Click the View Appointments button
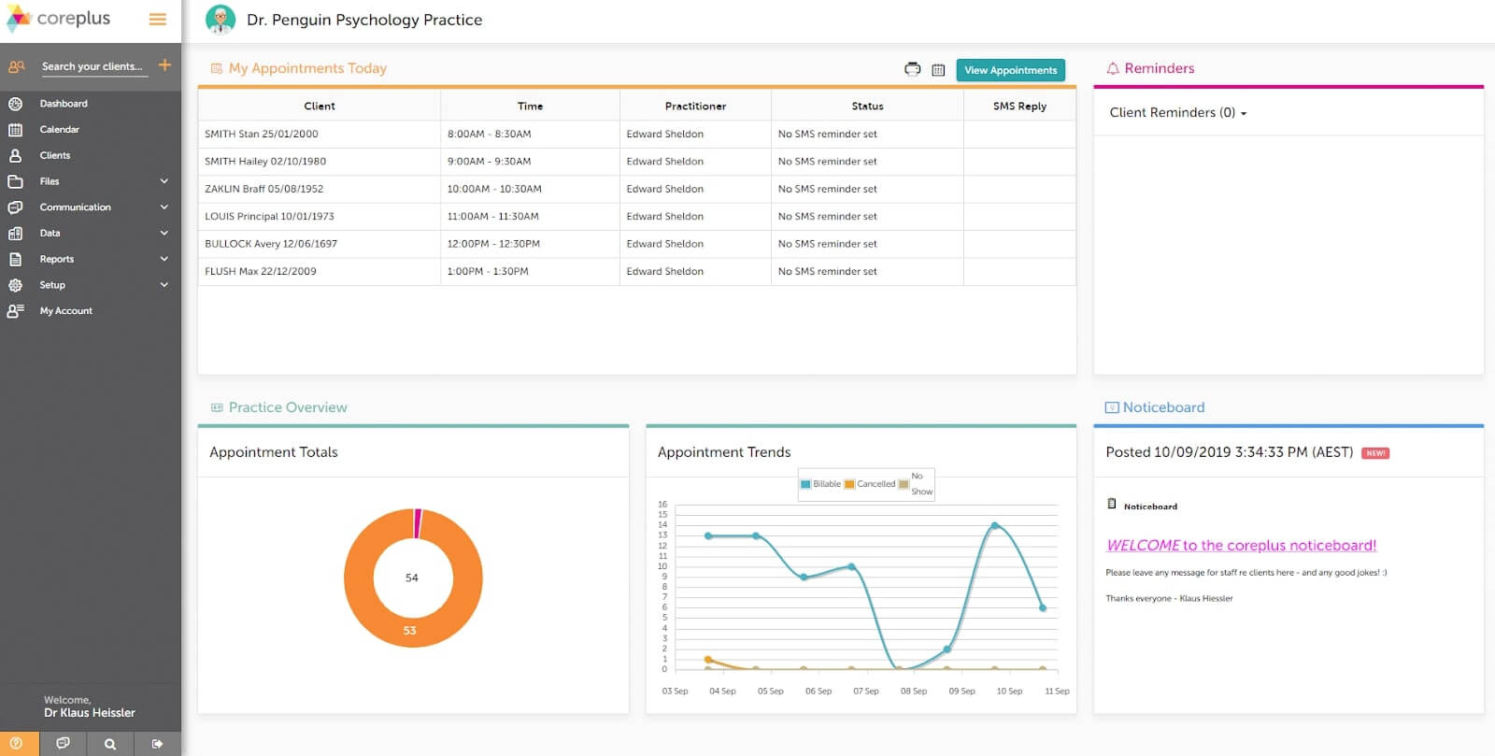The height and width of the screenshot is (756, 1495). click(x=1010, y=70)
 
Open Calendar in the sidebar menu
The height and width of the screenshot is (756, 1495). click(x=59, y=130)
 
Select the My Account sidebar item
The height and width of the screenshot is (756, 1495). click(x=65, y=311)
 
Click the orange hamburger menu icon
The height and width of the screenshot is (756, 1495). click(x=158, y=19)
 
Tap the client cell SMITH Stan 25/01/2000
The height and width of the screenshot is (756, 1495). click(x=262, y=134)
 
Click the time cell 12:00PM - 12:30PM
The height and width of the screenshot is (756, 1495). click(x=493, y=244)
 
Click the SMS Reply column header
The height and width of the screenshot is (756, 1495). click(x=1019, y=107)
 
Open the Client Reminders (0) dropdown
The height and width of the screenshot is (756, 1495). click(x=1177, y=112)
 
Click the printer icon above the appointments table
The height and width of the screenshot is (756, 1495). click(x=912, y=69)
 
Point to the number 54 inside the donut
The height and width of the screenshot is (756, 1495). click(x=412, y=578)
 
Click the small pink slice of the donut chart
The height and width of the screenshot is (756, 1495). click(x=418, y=523)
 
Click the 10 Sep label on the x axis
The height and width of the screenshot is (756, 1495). click(x=1009, y=692)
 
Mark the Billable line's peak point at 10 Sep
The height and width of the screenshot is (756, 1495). click(x=995, y=526)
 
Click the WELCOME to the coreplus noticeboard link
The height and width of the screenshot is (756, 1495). click(x=1241, y=545)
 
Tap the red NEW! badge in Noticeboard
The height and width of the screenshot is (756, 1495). click(x=1375, y=453)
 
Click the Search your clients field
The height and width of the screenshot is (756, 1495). click(x=93, y=66)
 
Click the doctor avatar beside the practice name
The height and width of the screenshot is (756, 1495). click(x=221, y=20)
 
